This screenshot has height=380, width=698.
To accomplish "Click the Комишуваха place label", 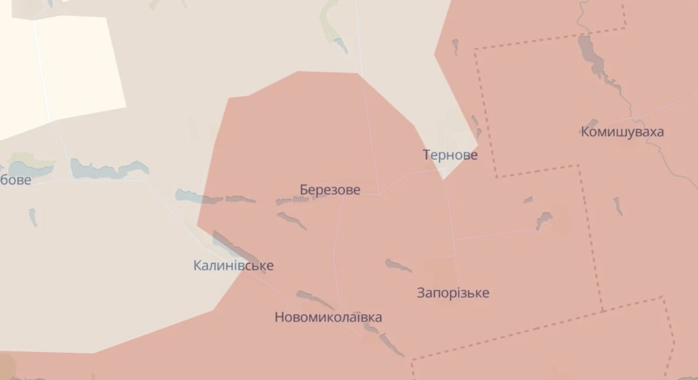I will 622,132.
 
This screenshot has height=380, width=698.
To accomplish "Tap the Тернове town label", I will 450,155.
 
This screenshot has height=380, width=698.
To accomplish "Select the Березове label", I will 330,190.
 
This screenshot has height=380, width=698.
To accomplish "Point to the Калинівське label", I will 233,266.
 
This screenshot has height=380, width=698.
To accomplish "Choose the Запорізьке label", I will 453,293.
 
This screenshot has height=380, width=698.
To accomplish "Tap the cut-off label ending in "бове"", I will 16,180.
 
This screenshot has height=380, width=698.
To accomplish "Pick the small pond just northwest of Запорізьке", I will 398,266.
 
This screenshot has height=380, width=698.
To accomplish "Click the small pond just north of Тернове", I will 475,121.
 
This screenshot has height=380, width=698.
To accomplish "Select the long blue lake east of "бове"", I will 108,170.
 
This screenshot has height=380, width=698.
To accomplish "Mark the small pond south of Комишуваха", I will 617,206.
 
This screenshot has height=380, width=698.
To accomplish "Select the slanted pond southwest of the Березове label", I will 291,220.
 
